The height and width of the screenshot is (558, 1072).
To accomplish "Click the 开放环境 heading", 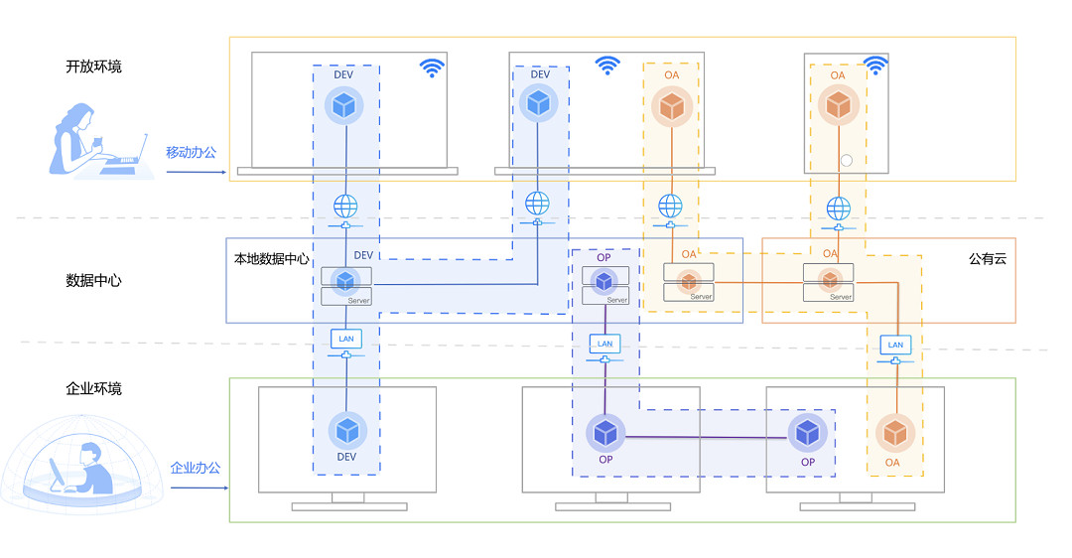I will (x=93, y=68).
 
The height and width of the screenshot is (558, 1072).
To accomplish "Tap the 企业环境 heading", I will (x=93, y=389).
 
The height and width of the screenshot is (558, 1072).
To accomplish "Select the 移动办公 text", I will (x=191, y=153).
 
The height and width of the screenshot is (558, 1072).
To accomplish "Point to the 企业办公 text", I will (x=195, y=468).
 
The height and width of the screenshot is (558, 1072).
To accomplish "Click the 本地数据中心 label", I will (x=271, y=259).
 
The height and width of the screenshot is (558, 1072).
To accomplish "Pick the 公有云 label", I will (x=988, y=259).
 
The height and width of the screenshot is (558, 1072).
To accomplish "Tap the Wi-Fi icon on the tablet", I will (x=874, y=67).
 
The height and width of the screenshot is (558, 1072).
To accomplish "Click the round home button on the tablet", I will (x=847, y=160).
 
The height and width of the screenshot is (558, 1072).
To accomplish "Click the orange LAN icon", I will (x=895, y=346).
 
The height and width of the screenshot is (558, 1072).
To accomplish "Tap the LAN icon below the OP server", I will (x=605, y=345).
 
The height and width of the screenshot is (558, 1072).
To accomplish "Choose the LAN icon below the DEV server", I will (x=345, y=340).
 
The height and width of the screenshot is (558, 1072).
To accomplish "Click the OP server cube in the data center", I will (x=603, y=281).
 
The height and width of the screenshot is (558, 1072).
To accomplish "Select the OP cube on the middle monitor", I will (x=605, y=432).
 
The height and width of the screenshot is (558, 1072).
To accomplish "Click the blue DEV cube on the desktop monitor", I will (x=346, y=430).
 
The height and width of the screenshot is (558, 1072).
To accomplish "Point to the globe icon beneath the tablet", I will (x=839, y=209).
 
